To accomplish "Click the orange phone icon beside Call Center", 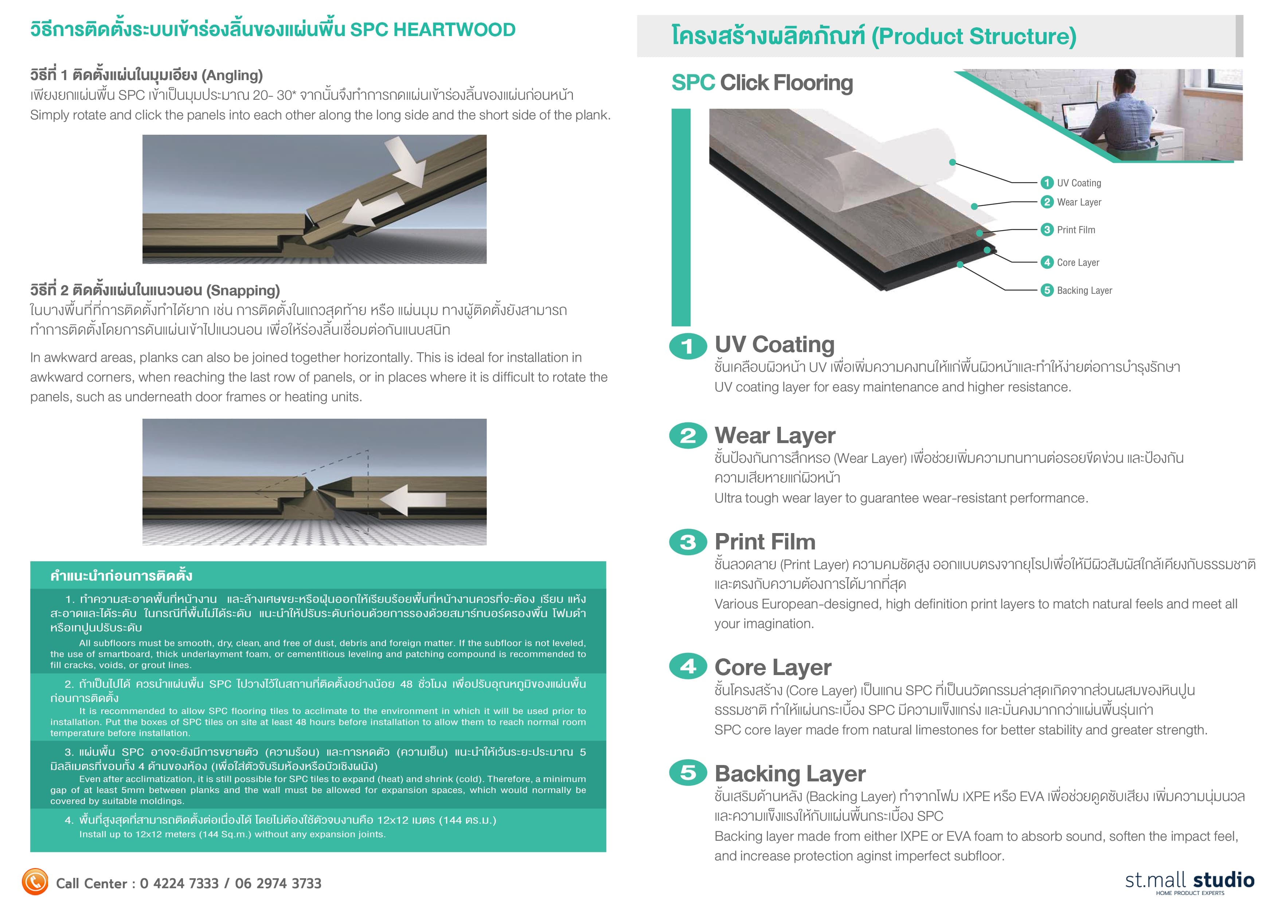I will tap(35, 882).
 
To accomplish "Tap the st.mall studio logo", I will tap(1189, 881).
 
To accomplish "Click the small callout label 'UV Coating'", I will tap(1078, 183).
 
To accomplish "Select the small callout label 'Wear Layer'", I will tap(1078, 202).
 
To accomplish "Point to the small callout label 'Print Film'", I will tap(1075, 230).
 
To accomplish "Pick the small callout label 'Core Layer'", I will tap(1078, 263).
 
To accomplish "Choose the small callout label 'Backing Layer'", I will tap(1084, 290).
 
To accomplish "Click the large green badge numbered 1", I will tap(688, 346).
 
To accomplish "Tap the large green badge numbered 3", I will tap(688, 542).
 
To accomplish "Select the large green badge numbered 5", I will tap(688, 772).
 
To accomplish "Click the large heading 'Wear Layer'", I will tap(774, 435).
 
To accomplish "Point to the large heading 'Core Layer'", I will tap(773, 667).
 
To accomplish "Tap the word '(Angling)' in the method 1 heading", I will tap(232, 75).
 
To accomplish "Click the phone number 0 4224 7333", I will tap(179, 884).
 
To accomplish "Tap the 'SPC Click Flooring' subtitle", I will tap(762, 83).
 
